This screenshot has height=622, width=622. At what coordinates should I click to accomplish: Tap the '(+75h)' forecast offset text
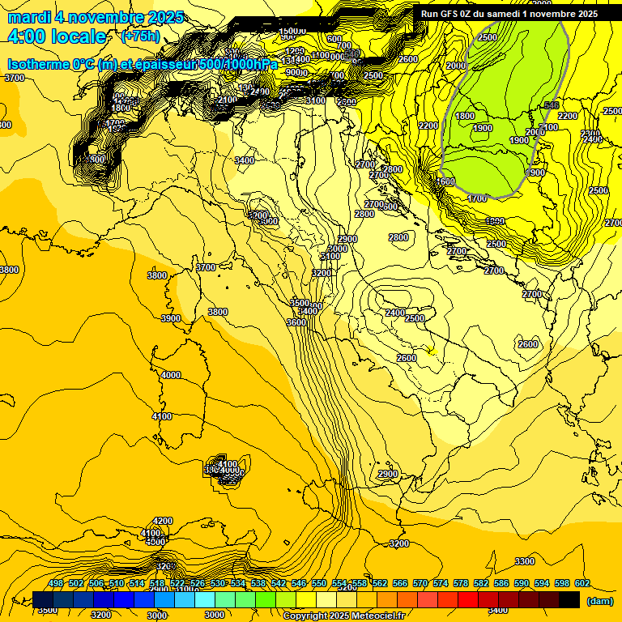click(140, 36)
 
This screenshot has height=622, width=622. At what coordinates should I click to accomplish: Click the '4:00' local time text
click(26, 36)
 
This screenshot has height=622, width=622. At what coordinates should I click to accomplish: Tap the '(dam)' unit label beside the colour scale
click(599, 600)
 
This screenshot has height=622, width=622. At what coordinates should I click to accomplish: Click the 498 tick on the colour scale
click(56, 584)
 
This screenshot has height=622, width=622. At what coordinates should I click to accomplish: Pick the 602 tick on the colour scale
click(582, 584)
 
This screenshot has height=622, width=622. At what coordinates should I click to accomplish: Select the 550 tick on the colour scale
click(319, 584)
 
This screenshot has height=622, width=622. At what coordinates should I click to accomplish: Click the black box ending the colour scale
click(569, 599)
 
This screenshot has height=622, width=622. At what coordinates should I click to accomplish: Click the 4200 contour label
click(163, 521)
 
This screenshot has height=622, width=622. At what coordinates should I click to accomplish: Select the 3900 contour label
click(171, 319)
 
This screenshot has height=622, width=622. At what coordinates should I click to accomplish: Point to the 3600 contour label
click(296, 322)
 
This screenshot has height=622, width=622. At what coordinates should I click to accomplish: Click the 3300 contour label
click(525, 561)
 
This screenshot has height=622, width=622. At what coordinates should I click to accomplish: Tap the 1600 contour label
click(445, 181)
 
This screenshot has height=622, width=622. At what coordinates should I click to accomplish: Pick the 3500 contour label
click(300, 303)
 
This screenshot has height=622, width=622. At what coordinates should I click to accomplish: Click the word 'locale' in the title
click(81, 36)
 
